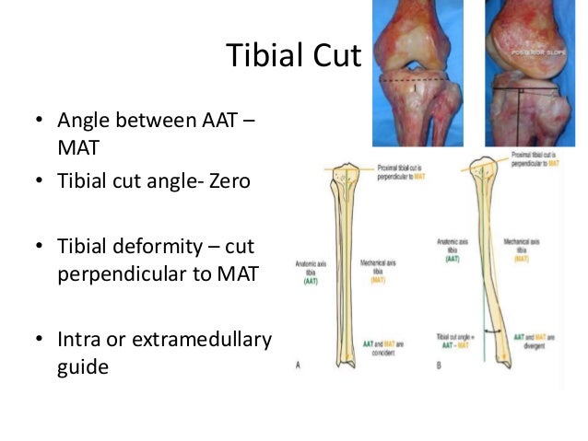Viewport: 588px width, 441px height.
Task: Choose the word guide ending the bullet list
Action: click(x=83, y=366)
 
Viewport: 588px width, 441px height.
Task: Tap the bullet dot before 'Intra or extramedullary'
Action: click(x=39, y=342)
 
